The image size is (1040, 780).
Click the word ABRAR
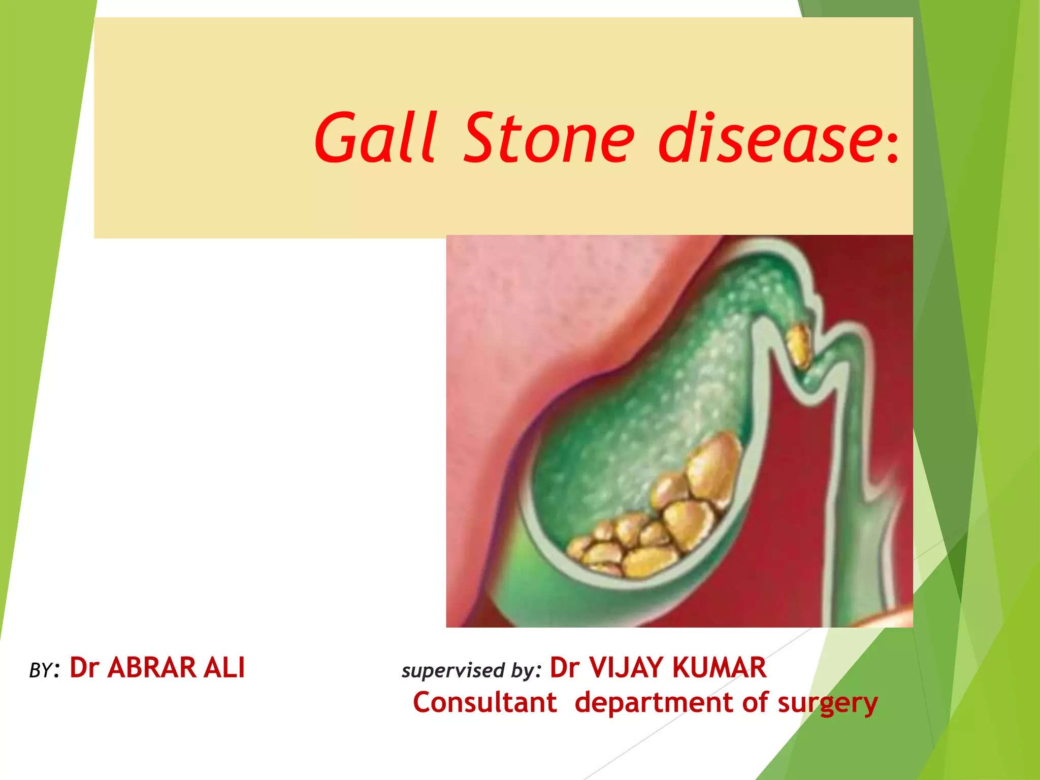[x=151, y=668]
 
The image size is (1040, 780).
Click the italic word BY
[x=41, y=671]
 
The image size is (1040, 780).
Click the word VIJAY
[x=626, y=668]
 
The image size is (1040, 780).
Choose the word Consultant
[x=485, y=703]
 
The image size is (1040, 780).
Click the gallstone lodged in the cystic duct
[x=799, y=345]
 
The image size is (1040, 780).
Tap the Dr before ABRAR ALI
[x=84, y=668]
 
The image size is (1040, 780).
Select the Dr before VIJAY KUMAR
[x=565, y=668]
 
